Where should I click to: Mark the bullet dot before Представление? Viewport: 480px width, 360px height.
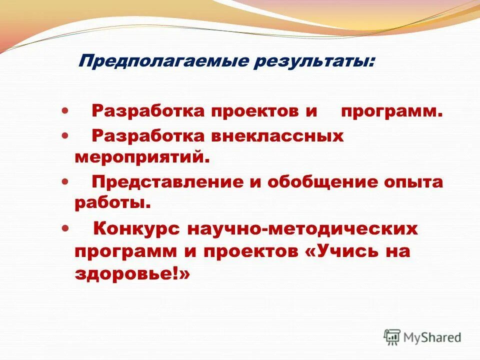coord(65,182)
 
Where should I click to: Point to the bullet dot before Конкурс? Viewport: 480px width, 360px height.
coord(65,229)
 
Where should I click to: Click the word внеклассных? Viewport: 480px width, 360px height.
coord(276,136)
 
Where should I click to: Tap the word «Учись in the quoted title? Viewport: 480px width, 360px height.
coord(341,251)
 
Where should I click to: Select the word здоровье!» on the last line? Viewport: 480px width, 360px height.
coord(132,274)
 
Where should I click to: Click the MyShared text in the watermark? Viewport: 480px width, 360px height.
coord(432,337)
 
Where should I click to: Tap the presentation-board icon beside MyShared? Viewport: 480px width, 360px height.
coord(392,337)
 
